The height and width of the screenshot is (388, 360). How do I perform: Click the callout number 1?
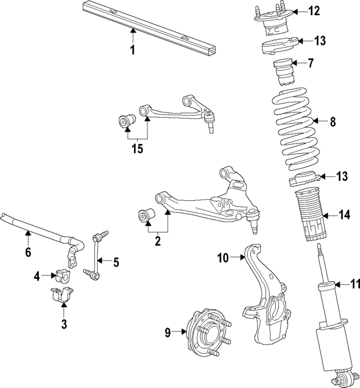(132, 51)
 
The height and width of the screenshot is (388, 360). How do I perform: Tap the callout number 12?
(313, 11)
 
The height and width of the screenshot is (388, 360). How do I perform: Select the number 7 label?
(311, 62)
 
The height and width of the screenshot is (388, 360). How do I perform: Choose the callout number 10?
(223, 258)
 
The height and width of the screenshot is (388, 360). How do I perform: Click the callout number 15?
(137, 149)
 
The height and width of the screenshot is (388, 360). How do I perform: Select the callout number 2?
(157, 241)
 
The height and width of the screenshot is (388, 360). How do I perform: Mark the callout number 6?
(28, 252)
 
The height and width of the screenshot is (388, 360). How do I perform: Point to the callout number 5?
(116, 261)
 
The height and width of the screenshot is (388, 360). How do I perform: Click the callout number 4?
(37, 276)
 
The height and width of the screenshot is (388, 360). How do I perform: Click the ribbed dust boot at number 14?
(308, 216)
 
